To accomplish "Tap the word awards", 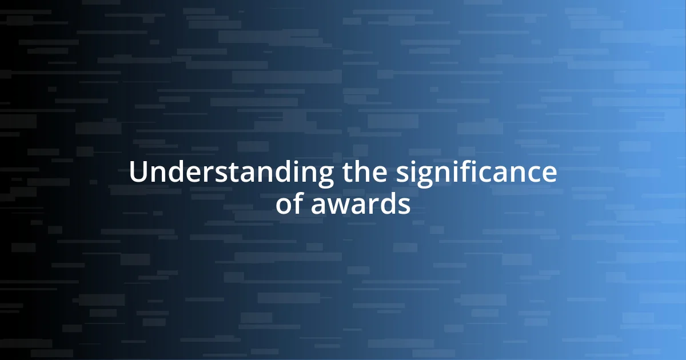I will click(x=360, y=204).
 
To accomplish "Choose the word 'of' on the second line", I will click(x=290, y=204).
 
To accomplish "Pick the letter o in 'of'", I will click(x=284, y=205).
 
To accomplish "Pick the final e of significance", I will click(x=549, y=174).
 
